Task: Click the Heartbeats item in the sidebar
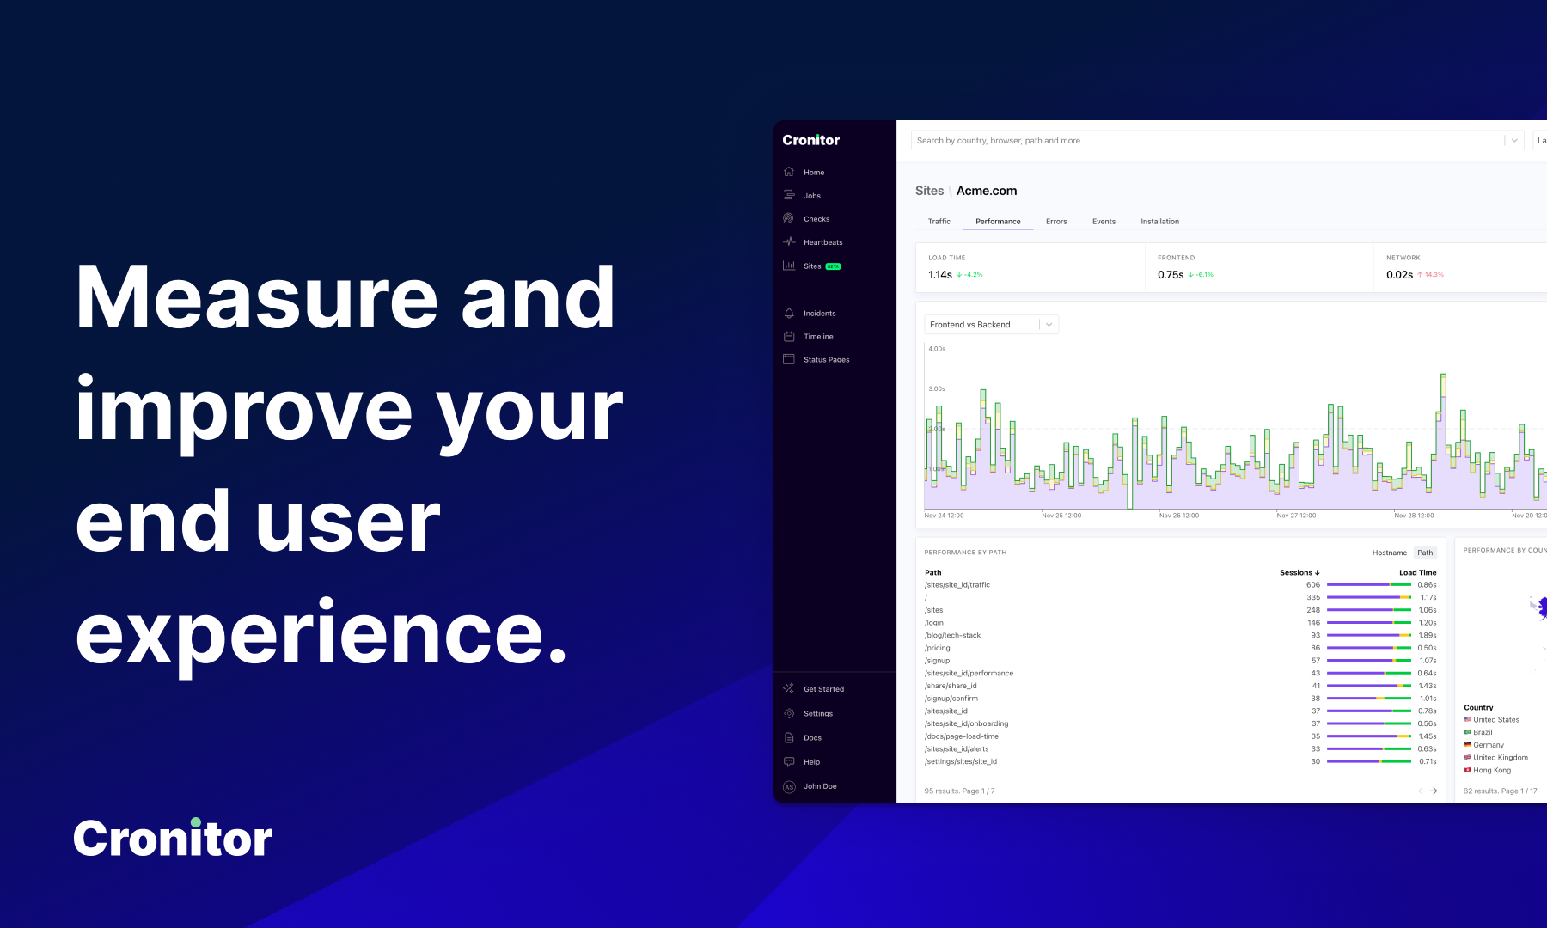[822, 242]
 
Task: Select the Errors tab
[1056, 222]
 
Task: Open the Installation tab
[1159, 222]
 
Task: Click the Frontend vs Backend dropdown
[991, 325]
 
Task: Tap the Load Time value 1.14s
[939, 275]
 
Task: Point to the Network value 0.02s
[1398, 275]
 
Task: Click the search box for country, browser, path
[1203, 141]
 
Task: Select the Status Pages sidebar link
[826, 360]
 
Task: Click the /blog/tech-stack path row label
[952, 636]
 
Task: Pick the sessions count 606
[1312, 585]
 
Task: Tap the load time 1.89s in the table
[1427, 636]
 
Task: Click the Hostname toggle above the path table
[1389, 553]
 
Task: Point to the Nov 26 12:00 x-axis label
[1178, 516]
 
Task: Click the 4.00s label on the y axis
[936, 349]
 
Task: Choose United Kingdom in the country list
[1500, 758]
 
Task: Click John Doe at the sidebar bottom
[819, 786]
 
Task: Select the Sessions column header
[1299, 572]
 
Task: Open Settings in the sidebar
[817, 714]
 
